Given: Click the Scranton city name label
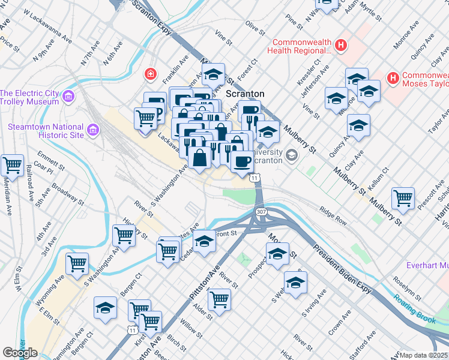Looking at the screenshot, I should point(245,94).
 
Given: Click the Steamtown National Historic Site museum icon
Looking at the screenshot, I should point(92,130).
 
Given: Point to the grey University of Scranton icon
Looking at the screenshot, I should point(292,155).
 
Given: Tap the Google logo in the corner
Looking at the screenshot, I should point(20,353).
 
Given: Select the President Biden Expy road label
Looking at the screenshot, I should point(343,264).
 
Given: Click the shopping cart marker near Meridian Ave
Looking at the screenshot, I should point(12,165).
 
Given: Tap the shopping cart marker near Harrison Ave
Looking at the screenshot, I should point(403,198).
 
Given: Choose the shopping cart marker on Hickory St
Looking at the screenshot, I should point(124,235).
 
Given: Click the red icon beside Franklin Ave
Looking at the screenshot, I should point(150,74).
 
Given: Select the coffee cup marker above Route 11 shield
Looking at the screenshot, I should point(242,161).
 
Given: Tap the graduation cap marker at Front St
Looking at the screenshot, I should point(204,241).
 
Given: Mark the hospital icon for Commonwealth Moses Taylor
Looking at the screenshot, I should point(393,78).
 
